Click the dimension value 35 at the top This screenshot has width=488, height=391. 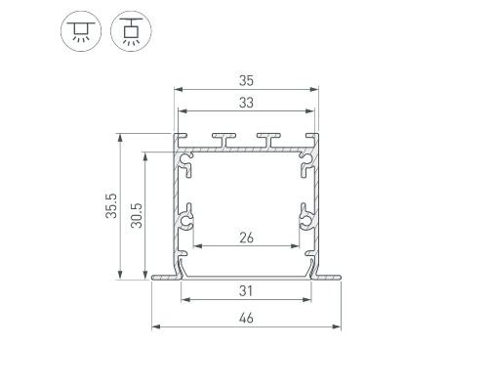coord(246,80)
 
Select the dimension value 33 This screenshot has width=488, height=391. coord(246,103)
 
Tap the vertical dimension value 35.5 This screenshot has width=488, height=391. coord(111,206)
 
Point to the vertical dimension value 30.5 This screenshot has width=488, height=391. coord(137,215)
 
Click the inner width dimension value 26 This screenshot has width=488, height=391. coord(246,238)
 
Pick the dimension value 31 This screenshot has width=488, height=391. coord(246,291)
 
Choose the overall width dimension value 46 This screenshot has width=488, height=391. coord(246,318)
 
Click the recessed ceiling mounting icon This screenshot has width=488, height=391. coord(81,31)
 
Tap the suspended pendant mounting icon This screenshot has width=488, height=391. coord(131,31)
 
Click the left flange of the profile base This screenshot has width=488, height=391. coord(166,278)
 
